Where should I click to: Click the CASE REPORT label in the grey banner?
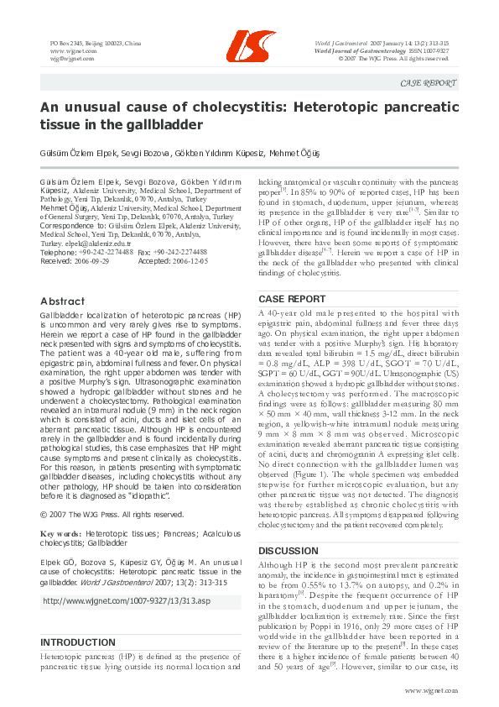point(429,83)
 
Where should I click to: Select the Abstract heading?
point(62,301)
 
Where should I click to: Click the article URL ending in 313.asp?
point(126,601)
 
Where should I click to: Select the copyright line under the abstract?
point(112,515)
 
